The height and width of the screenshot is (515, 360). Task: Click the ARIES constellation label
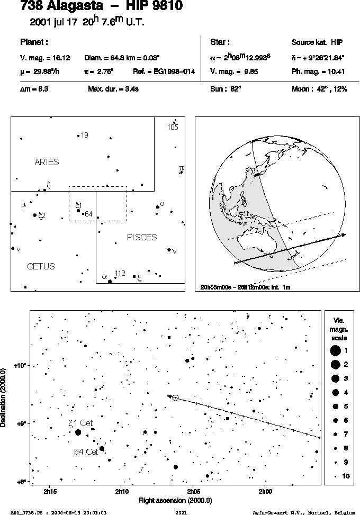(47, 162)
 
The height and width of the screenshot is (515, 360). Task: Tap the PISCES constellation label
(142, 237)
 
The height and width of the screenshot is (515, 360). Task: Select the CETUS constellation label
(41, 266)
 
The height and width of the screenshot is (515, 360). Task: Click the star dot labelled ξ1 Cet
(78, 432)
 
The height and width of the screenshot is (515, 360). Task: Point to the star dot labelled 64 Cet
(102, 449)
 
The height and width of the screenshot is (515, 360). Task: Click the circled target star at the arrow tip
(175, 398)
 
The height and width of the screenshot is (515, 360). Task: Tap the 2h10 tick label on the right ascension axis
(122, 492)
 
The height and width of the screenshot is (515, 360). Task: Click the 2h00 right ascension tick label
(265, 492)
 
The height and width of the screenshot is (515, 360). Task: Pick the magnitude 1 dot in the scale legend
(335, 351)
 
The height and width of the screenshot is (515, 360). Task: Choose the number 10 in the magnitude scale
(346, 476)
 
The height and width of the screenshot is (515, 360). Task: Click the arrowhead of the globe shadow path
(343, 235)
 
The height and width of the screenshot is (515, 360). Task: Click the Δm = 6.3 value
(34, 89)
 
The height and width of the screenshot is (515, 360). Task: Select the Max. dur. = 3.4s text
(113, 89)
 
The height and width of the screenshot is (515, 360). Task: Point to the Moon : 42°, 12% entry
(319, 89)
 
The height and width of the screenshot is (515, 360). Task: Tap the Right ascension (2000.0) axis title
(175, 501)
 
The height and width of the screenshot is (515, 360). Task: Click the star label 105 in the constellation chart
(173, 127)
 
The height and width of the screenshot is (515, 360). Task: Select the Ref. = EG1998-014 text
(164, 71)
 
